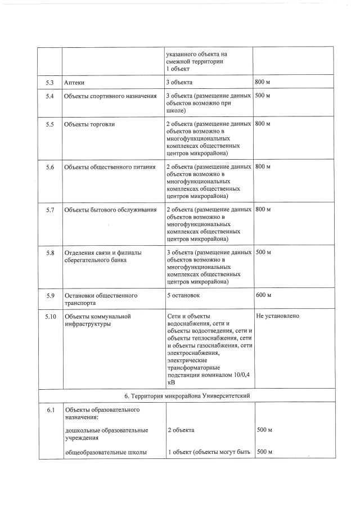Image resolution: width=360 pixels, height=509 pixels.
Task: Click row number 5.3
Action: point(49,83)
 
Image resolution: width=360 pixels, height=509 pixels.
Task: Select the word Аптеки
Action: point(74,83)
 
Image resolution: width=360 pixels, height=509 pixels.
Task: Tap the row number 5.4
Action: point(49,96)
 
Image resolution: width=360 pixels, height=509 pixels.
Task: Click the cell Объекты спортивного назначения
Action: point(110,96)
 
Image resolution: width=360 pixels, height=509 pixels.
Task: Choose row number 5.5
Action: point(49,123)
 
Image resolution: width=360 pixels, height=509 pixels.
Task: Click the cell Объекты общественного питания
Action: point(110,167)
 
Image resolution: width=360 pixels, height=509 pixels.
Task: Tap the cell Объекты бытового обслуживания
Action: point(110,210)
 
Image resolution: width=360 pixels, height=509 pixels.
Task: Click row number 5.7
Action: point(49,210)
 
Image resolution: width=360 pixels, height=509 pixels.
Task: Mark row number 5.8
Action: point(49,253)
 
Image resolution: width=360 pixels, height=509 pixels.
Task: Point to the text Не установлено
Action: point(277,316)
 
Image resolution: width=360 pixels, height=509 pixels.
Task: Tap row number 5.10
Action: point(51,316)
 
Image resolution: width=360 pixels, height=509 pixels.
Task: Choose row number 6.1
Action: point(49,409)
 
